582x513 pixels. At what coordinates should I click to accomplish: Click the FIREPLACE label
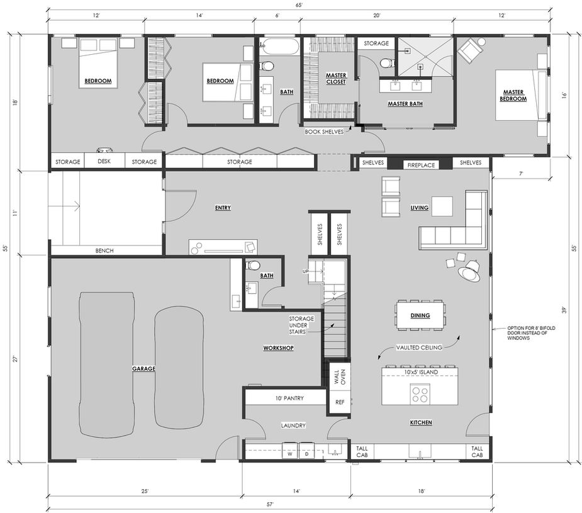click(x=421, y=165)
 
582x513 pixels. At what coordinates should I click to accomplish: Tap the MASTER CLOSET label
click(x=336, y=78)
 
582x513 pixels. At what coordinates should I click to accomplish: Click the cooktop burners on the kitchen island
click(x=420, y=395)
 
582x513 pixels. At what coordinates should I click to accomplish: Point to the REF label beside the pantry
click(x=340, y=402)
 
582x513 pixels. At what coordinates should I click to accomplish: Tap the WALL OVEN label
click(x=340, y=377)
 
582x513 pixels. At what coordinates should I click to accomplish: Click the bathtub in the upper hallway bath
click(x=279, y=46)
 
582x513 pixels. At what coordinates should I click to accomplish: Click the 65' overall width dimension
click(x=298, y=5)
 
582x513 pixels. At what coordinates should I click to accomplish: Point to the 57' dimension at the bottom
click(x=270, y=504)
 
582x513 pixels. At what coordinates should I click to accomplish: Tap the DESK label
click(x=104, y=162)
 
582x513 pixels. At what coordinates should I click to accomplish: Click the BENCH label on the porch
click(x=104, y=251)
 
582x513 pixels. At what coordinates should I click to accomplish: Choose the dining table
click(x=420, y=315)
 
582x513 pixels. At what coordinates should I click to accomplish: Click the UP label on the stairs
click(x=305, y=271)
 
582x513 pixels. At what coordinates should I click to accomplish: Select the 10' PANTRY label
click(x=289, y=398)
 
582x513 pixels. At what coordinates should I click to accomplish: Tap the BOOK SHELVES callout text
click(x=324, y=132)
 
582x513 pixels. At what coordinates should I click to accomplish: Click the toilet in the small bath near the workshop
click(x=254, y=266)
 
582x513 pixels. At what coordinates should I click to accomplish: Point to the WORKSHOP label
click(x=278, y=348)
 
